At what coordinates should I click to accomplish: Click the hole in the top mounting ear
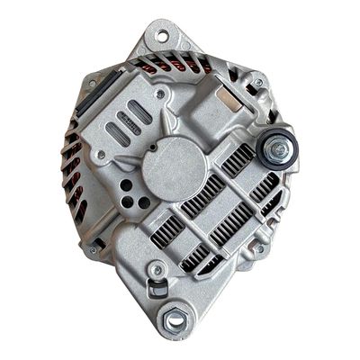162,36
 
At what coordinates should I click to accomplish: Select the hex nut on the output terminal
279,148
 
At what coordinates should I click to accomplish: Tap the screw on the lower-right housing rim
259,248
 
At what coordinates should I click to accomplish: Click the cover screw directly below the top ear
160,93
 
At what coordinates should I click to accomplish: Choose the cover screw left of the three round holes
101,156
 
